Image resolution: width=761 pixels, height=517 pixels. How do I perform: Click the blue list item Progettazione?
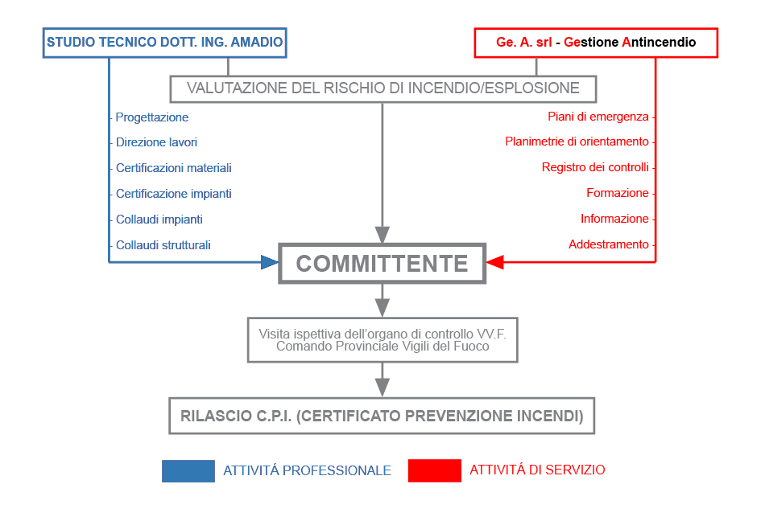pos(152,117)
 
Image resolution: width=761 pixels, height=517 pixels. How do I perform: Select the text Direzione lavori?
pos(156,142)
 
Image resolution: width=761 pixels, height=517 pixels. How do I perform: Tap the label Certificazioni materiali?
pos(174,168)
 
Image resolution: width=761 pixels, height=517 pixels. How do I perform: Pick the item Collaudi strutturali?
pos(163,244)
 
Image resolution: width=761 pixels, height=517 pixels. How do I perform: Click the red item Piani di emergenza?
pos(598,117)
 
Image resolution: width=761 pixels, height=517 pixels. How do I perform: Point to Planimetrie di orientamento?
pos(577,142)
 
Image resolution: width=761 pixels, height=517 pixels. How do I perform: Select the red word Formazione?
pos(618,193)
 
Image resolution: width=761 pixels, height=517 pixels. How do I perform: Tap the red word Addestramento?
pos(609,244)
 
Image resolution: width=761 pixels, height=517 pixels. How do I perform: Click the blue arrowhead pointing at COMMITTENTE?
pos(270,262)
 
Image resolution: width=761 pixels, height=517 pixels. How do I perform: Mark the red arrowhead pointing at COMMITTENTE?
pos(495,262)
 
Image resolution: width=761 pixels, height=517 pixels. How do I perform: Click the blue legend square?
pos(188,471)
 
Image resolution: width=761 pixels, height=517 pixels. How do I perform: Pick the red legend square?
pos(434,470)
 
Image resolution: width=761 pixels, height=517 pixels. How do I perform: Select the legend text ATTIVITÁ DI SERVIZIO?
pos(537,470)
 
